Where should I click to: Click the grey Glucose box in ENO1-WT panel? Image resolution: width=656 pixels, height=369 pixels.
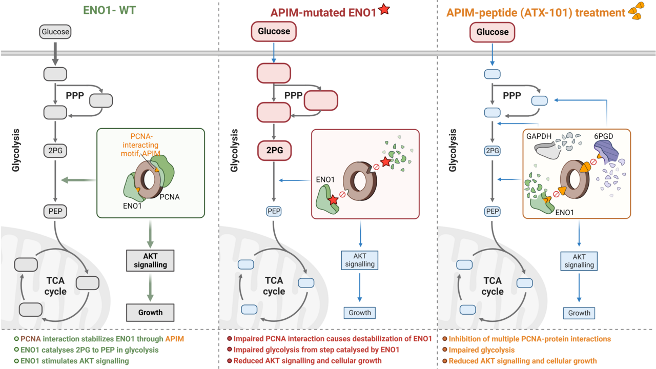click(55, 32)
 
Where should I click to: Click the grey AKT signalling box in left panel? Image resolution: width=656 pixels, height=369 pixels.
click(150, 260)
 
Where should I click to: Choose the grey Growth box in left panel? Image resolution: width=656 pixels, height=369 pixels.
click(150, 312)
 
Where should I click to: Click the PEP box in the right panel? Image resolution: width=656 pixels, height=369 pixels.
click(493, 211)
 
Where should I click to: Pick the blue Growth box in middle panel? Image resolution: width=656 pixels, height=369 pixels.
click(359, 313)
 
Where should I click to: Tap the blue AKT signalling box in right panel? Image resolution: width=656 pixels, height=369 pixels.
click(579, 261)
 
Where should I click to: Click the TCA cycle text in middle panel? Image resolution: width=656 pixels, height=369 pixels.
click(274, 286)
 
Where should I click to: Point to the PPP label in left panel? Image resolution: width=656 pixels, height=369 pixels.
click(75, 96)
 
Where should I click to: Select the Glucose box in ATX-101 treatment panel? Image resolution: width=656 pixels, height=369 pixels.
click(493, 32)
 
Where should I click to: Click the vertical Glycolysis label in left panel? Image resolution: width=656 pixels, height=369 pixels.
click(15, 150)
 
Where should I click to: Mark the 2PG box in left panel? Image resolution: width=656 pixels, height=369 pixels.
click(55, 151)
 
